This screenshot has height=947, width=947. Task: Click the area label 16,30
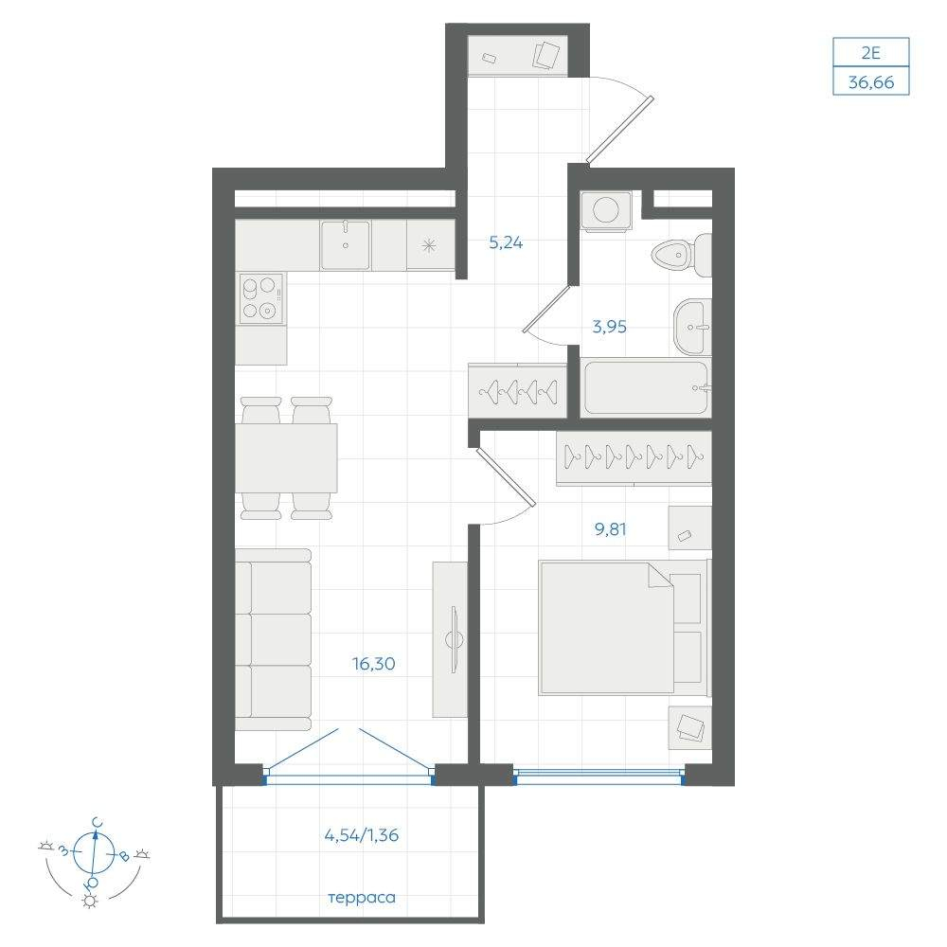tap(374, 664)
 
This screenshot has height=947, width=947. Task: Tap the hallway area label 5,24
tap(506, 242)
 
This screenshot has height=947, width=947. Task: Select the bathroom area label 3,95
tap(609, 327)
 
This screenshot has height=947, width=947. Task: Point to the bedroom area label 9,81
tap(611, 529)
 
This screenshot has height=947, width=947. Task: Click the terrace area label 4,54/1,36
tap(362, 835)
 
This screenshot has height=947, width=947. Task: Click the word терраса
tap(362, 898)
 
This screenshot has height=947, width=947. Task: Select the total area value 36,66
tap(871, 81)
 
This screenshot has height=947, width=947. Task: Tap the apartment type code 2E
tap(871, 52)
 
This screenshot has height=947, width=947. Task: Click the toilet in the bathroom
tap(682, 255)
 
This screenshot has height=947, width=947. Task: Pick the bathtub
tap(646, 387)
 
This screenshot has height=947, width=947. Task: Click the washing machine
tap(606, 211)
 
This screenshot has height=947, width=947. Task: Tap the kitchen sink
tap(345, 244)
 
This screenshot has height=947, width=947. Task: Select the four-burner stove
tap(261, 298)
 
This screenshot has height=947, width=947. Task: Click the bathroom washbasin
tap(692, 327)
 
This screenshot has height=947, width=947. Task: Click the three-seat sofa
tap(273, 639)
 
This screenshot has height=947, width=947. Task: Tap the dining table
tap(286, 457)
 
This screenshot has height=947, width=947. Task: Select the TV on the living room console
tap(455, 639)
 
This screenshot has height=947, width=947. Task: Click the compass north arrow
tap(94, 852)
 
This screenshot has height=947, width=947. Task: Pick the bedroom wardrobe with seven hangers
tap(634, 457)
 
